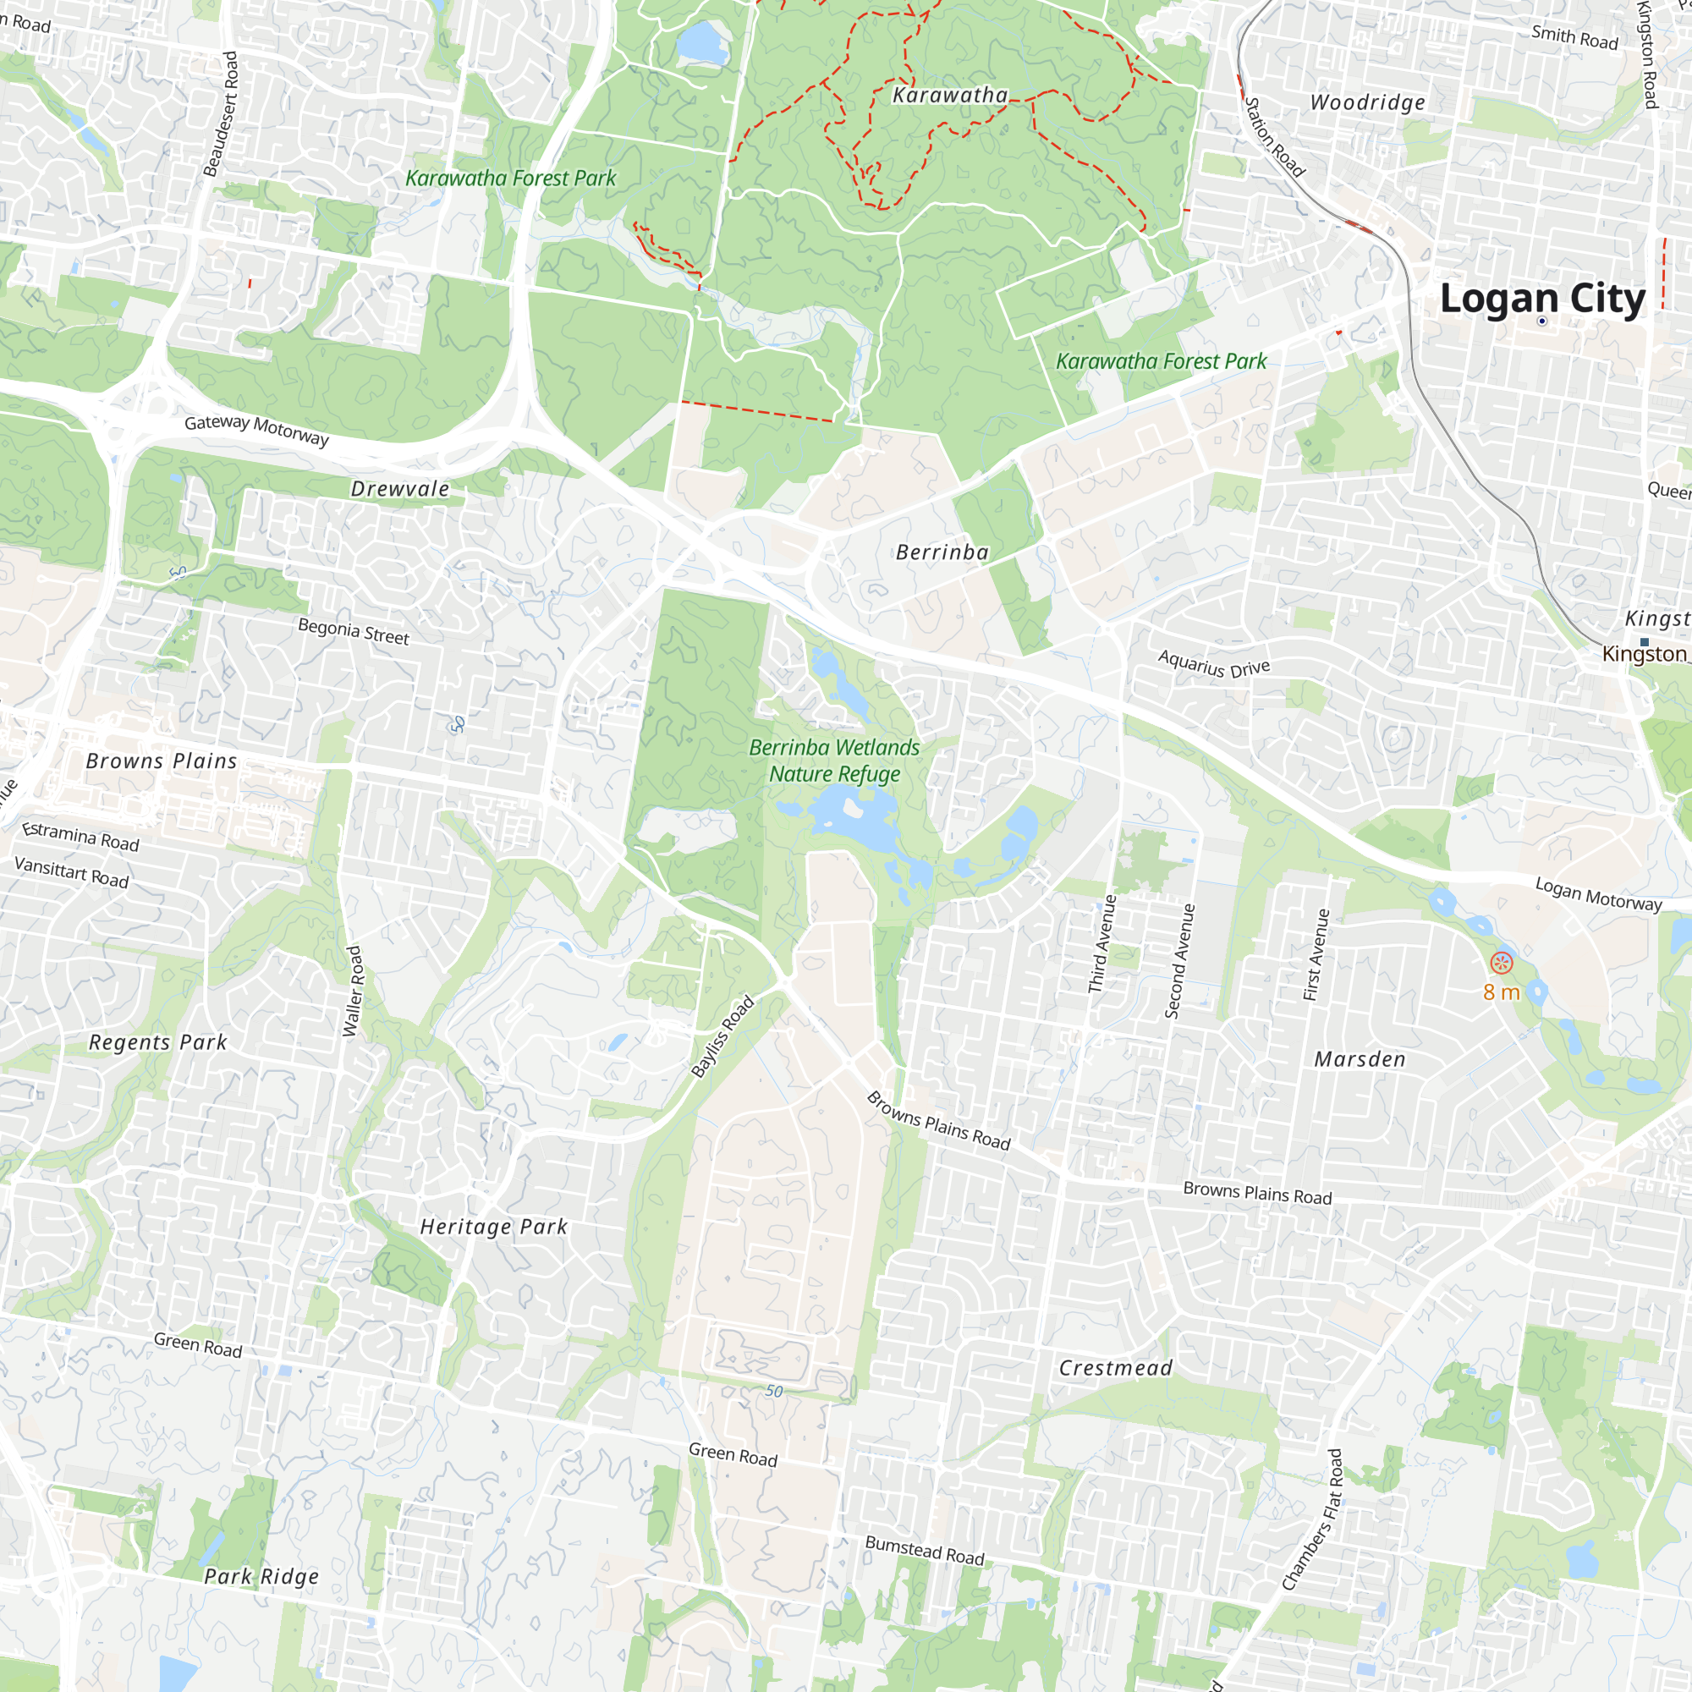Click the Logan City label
click(1542, 299)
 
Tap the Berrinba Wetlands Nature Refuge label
click(834, 761)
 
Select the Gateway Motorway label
click(256, 429)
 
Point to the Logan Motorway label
click(1598, 894)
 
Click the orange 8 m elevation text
click(1501, 992)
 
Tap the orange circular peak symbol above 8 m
click(1501, 964)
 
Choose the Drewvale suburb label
click(400, 489)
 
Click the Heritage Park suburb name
click(494, 1226)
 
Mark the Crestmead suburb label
click(1115, 1367)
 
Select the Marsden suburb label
click(1360, 1059)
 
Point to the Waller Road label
click(353, 992)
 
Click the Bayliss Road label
click(722, 1036)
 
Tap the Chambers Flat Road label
click(1312, 1519)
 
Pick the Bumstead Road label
click(925, 1550)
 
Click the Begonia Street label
click(354, 631)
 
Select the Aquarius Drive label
click(1214, 665)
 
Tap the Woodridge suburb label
click(1367, 102)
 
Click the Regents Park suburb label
click(158, 1042)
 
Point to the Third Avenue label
click(1101, 943)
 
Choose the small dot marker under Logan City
click(1542, 321)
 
